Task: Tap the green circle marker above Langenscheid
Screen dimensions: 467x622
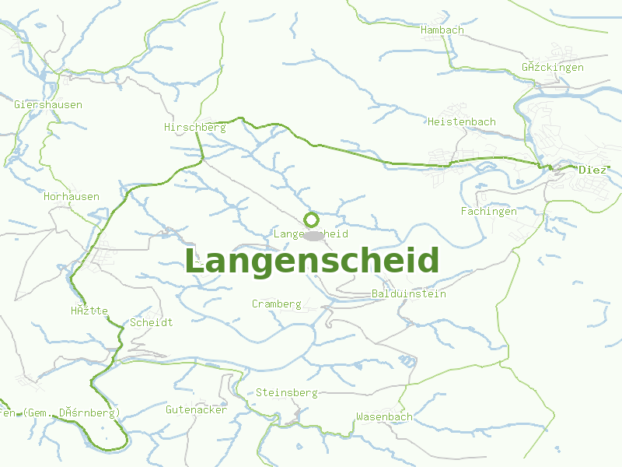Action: tap(311, 219)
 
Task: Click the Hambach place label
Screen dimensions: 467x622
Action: tap(442, 30)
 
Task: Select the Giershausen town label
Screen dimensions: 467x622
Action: tap(48, 104)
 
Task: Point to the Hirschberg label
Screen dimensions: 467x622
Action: tap(194, 127)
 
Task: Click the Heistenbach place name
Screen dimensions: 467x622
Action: tap(461, 121)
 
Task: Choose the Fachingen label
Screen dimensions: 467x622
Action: tap(488, 211)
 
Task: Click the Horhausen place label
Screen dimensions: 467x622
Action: tap(72, 196)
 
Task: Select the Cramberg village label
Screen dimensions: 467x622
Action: tap(276, 304)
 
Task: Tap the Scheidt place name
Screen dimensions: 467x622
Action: tap(152, 322)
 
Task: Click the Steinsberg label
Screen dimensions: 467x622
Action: tap(286, 393)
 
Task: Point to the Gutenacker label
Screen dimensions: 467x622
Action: tap(196, 409)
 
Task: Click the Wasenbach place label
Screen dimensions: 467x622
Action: tap(384, 416)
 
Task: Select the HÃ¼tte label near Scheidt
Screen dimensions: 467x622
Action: tap(89, 311)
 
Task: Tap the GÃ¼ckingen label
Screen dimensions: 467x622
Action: tap(553, 68)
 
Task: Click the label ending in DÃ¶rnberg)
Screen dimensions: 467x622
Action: tap(59, 413)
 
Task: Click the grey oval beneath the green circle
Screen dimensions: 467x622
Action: tap(313, 235)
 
